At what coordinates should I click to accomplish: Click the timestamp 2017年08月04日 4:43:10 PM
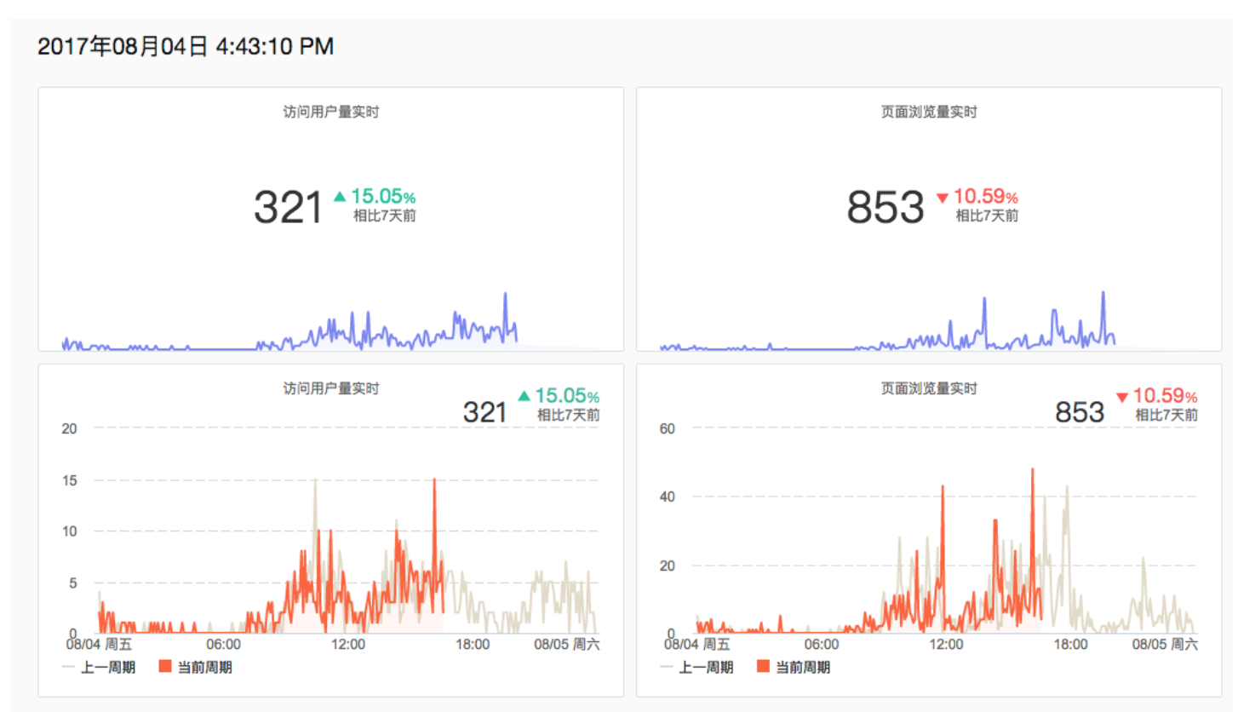(x=186, y=47)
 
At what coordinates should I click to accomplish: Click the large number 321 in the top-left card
(x=289, y=207)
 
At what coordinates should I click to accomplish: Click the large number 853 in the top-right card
(x=886, y=207)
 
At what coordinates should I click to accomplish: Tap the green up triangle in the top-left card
(x=340, y=197)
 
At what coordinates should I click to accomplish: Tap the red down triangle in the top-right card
(x=943, y=198)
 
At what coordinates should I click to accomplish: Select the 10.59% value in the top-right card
(x=986, y=197)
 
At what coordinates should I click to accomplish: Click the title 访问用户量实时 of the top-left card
(x=330, y=112)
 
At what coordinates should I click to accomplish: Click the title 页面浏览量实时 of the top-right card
(x=929, y=112)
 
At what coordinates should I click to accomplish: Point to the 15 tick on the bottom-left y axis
(x=70, y=480)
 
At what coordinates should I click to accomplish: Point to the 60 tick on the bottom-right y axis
(x=668, y=428)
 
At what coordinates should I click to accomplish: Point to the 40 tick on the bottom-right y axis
(x=668, y=497)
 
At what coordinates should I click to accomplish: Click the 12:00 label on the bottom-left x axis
(x=348, y=645)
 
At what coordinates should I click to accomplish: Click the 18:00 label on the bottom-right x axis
(x=1070, y=645)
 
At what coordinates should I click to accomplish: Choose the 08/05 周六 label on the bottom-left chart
(x=567, y=645)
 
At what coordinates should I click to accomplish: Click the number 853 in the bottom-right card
(x=1080, y=413)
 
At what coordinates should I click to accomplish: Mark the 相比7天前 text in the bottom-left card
(x=568, y=416)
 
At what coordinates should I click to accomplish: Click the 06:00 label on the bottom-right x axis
(x=821, y=645)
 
